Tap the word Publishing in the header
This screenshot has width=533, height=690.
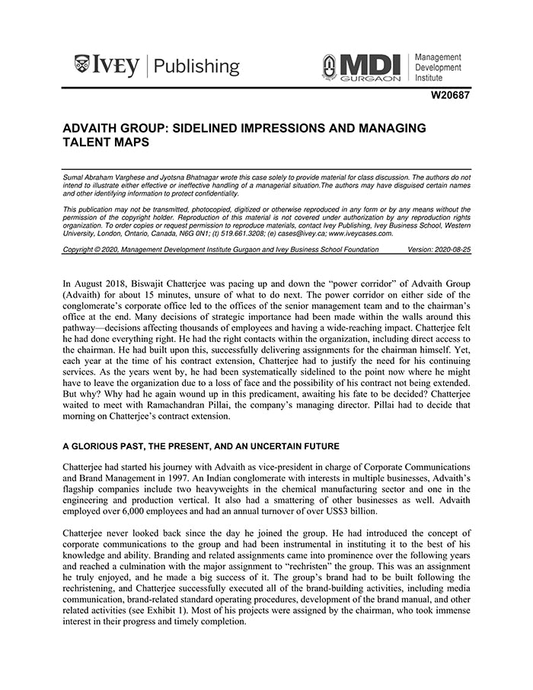click(x=196, y=67)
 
